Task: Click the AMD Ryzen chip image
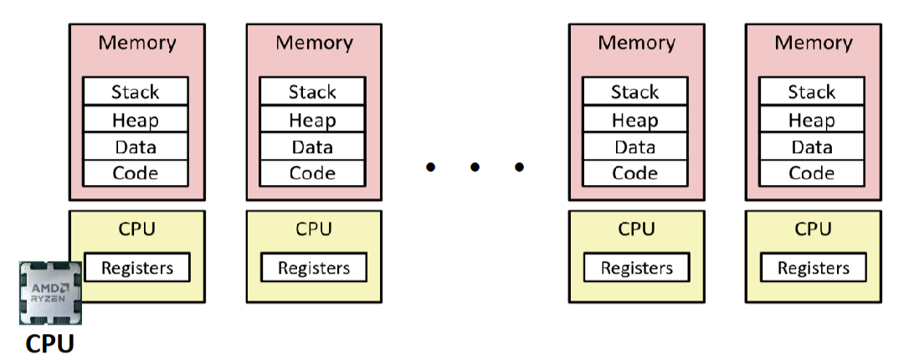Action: coord(50,292)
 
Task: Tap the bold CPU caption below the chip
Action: coord(50,344)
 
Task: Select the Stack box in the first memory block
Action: coord(136,91)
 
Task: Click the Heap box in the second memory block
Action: coord(312,120)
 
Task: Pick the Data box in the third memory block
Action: coord(634,147)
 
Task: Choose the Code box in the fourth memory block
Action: coord(811,174)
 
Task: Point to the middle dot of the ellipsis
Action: coord(475,167)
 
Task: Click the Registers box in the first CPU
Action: coord(137,268)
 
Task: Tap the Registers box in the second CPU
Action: coord(314,268)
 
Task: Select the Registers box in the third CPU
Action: coord(636,268)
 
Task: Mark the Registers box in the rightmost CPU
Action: coord(813,268)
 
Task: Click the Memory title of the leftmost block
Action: coord(137,43)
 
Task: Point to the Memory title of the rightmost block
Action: coord(813,43)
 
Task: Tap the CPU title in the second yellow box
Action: coord(314,229)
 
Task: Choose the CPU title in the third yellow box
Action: coord(636,229)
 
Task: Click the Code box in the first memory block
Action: coord(136,174)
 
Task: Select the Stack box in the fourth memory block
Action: coord(811,91)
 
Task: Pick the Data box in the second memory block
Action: coord(312,147)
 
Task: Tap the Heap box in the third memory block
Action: coord(634,120)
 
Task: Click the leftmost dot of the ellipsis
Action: coord(430,167)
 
